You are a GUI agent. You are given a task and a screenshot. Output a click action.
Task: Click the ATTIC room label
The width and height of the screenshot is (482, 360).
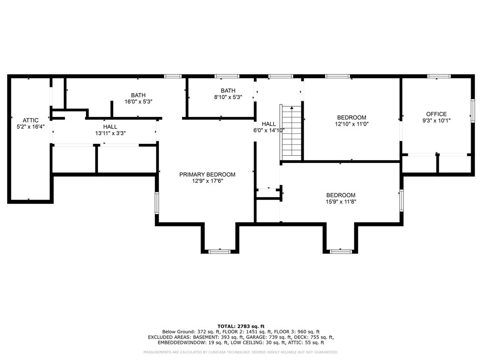pyautogui.click(x=30, y=120)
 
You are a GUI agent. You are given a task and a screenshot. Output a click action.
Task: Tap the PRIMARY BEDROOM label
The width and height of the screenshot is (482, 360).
pyautogui.click(x=207, y=174)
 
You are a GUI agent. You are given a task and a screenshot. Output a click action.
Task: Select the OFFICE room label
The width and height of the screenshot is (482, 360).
pyautogui.click(x=436, y=114)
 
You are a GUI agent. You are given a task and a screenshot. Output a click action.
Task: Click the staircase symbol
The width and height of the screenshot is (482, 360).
pyautogui.click(x=292, y=133)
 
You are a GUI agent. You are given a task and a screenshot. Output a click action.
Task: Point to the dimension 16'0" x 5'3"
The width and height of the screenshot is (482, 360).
pyautogui.click(x=138, y=102)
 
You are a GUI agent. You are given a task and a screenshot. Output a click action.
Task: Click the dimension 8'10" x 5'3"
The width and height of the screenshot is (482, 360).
pyautogui.click(x=228, y=97)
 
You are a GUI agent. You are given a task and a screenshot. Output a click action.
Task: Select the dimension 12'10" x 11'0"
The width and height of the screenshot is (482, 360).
pyautogui.click(x=352, y=124)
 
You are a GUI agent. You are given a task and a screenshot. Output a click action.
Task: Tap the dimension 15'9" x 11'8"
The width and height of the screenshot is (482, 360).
pyautogui.click(x=341, y=202)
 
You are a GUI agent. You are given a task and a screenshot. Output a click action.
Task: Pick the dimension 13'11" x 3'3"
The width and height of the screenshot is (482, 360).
pyautogui.click(x=110, y=133)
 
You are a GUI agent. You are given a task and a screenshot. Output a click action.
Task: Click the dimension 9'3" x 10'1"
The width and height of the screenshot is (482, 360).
pyautogui.click(x=436, y=121)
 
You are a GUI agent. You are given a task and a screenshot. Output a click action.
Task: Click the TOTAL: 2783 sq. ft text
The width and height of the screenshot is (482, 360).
pyautogui.click(x=241, y=326)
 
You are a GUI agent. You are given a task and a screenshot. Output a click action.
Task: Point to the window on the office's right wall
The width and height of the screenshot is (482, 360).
pyautogui.click(x=472, y=111)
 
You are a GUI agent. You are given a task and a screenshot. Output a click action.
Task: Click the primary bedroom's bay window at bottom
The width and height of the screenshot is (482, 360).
pyautogui.click(x=220, y=251)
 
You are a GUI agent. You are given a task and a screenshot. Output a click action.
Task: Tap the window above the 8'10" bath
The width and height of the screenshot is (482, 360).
pyautogui.click(x=227, y=76)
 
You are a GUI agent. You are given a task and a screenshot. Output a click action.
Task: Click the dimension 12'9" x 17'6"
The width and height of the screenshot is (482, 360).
pyautogui.click(x=207, y=181)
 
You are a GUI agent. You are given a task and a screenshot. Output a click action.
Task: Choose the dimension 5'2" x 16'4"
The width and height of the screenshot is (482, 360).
pyautogui.click(x=30, y=127)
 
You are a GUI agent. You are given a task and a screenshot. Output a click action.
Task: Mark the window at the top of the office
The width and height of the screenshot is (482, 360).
pyautogui.click(x=438, y=76)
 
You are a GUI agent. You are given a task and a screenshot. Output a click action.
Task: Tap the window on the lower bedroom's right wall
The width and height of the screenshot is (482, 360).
pyautogui.click(x=401, y=200)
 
